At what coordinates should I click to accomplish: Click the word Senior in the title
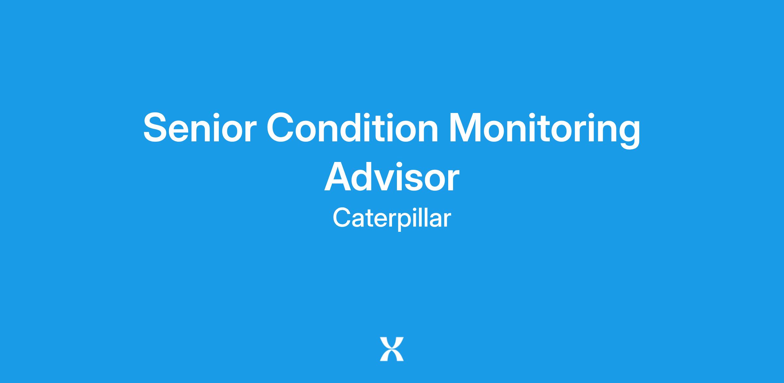coord(198,127)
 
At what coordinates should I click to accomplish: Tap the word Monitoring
coord(545,130)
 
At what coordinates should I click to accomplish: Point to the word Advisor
coord(392,177)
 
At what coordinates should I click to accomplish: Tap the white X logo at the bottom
coord(392,349)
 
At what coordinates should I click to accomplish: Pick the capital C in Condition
coord(282,127)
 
